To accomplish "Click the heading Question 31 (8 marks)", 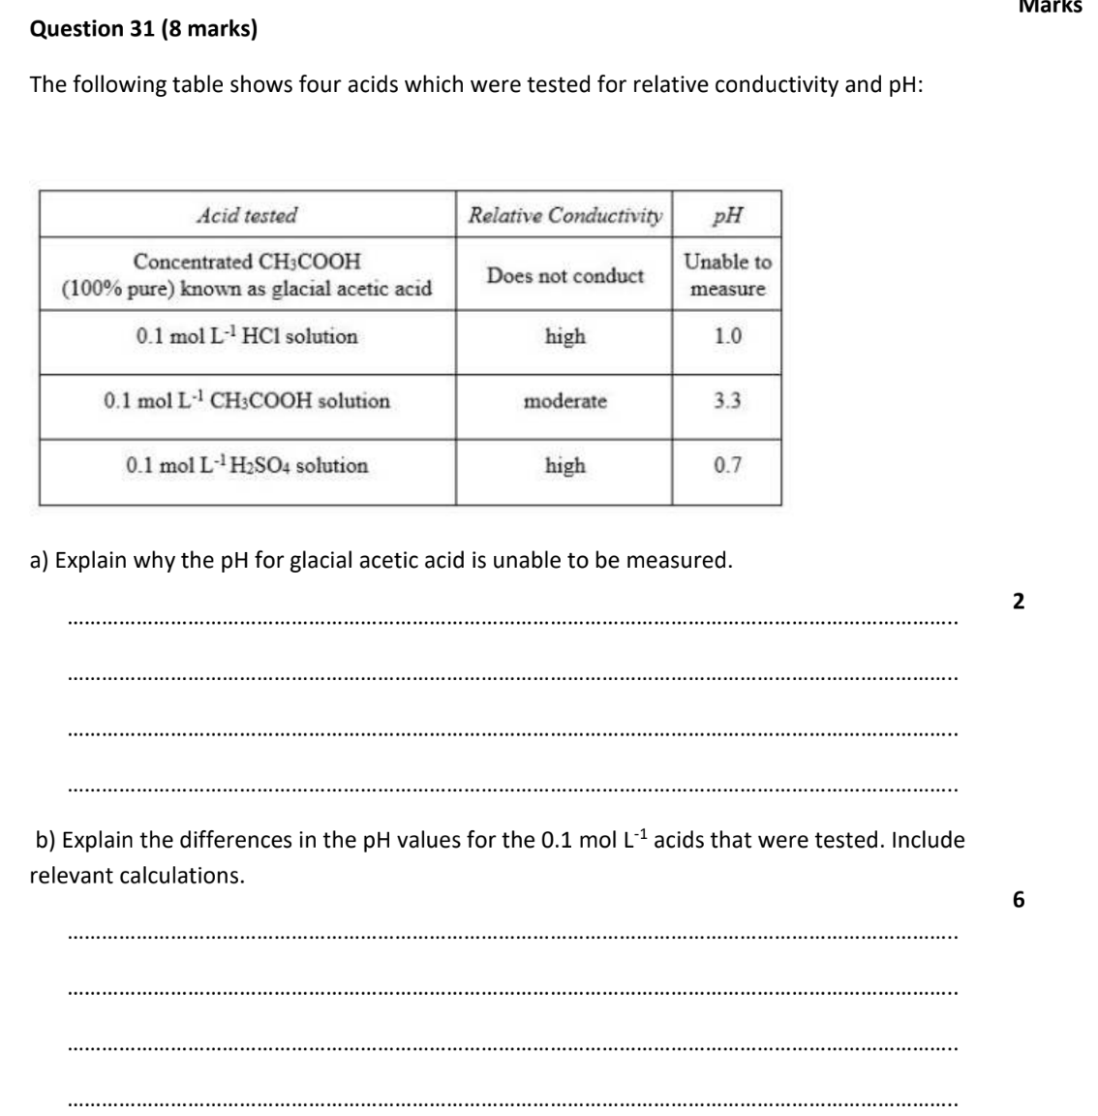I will pos(144,29).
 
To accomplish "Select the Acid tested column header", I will pos(247,215).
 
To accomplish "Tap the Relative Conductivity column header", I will pos(565,215).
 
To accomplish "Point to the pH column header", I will pos(726,215).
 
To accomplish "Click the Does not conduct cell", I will pos(564,276).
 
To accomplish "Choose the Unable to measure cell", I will pos(727,275).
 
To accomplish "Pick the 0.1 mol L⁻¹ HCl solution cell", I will pos(247,337).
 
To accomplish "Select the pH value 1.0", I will pos(727,337).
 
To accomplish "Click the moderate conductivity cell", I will pos(564,401).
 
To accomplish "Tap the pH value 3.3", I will pos(727,401).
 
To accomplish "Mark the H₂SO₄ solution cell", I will pos(247,466).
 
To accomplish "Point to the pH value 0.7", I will pos(727,466).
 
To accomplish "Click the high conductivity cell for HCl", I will pos(564,337).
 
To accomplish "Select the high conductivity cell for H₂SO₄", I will pos(564,466).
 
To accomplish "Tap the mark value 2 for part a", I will pos(1018,602).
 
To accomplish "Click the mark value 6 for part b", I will pos(1018,900).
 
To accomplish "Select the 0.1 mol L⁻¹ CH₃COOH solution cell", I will pos(247,401).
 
